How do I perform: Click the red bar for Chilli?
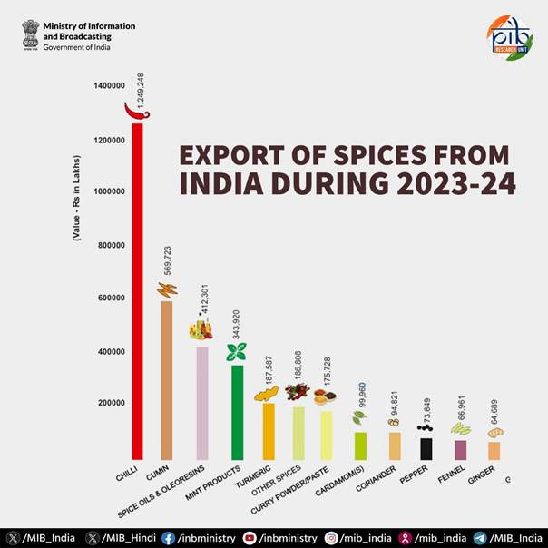(137, 290)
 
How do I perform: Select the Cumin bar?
(165, 381)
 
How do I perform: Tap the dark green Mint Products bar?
(237, 413)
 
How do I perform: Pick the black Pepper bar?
(426, 448)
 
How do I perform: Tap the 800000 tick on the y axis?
(109, 245)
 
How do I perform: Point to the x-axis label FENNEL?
(452, 475)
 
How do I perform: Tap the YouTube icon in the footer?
(250, 537)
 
